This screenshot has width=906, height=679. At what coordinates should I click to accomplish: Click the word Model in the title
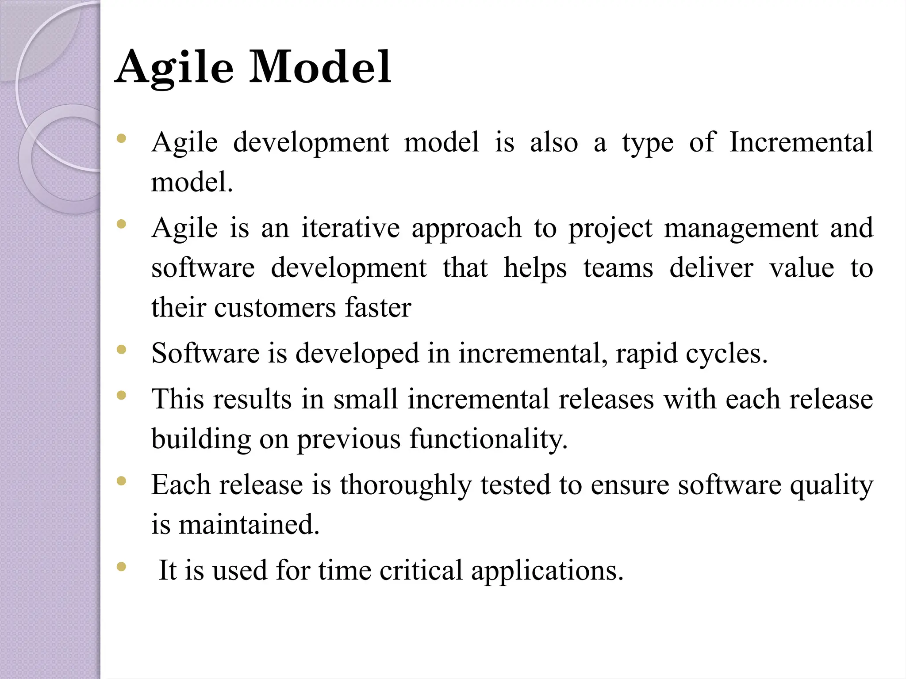[320, 67]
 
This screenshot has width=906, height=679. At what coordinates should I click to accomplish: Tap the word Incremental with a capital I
[801, 142]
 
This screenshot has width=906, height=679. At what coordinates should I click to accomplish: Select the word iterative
[350, 228]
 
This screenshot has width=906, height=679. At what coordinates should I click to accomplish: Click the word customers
[275, 308]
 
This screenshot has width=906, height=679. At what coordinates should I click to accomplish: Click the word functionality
[488, 439]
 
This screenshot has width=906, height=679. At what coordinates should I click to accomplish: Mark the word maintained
[249, 524]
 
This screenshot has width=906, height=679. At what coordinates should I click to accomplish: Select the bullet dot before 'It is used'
[121, 566]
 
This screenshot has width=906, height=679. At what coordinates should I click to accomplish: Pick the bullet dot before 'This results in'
[121, 395]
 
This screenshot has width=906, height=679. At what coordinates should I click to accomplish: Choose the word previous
[348, 439]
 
